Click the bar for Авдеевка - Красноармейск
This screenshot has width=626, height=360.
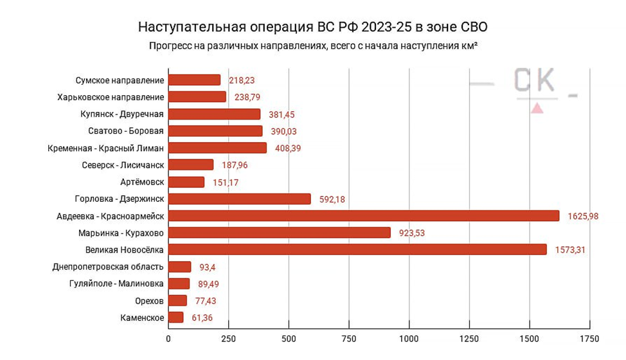click(364, 216)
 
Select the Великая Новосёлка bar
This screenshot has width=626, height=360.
click(357, 249)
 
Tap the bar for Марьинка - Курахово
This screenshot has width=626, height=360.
click(280, 233)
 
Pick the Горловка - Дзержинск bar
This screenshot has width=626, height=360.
click(240, 199)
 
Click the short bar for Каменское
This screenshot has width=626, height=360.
click(176, 318)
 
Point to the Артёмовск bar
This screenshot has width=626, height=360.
click(186, 182)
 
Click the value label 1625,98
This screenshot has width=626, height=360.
click(583, 216)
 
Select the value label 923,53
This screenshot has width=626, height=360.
click(414, 233)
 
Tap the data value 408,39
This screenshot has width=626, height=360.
click(287, 148)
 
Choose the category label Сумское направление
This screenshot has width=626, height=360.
click(120, 80)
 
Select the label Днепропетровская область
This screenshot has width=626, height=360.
click(108, 267)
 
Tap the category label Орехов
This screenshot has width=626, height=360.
click(146, 301)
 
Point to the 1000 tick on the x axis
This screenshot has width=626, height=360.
click(409, 339)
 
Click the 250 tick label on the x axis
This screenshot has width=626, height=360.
click(229, 339)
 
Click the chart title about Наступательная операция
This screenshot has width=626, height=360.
click(313, 28)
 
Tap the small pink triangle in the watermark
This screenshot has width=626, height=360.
click(537, 109)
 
